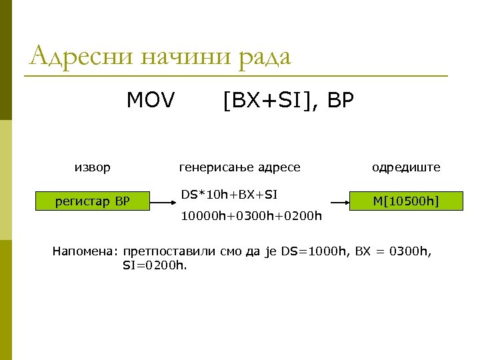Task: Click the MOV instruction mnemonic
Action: [151, 101]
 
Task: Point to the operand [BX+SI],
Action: [271, 101]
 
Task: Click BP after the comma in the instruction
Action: [341, 101]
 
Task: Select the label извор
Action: [93, 167]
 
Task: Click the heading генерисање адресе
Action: [240, 167]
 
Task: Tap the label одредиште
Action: [406, 167]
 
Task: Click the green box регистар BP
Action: [93, 201]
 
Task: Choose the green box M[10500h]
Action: [406, 201]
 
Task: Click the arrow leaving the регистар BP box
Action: [164, 201]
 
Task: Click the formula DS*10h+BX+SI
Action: [229, 194]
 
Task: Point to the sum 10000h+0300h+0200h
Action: [252, 216]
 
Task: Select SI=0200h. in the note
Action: [155, 265]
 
